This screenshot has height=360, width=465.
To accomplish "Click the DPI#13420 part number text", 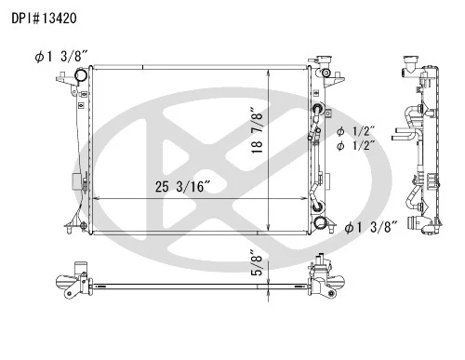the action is tap(44, 19).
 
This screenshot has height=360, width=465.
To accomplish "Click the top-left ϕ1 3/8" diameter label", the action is tap(61, 57).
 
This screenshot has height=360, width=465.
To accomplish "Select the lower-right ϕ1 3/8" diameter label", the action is tap(371, 228).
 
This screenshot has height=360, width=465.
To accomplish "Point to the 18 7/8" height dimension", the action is tap(258, 130).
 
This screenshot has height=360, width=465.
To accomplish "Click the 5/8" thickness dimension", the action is tap(257, 262).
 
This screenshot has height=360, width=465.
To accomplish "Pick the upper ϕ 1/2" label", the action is tap(356, 132).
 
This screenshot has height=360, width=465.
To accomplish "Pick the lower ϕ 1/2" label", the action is tap(356, 145).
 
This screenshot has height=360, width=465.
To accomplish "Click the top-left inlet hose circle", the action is tap(81, 75).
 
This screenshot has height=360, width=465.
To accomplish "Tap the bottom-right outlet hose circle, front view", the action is tap(319, 222).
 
